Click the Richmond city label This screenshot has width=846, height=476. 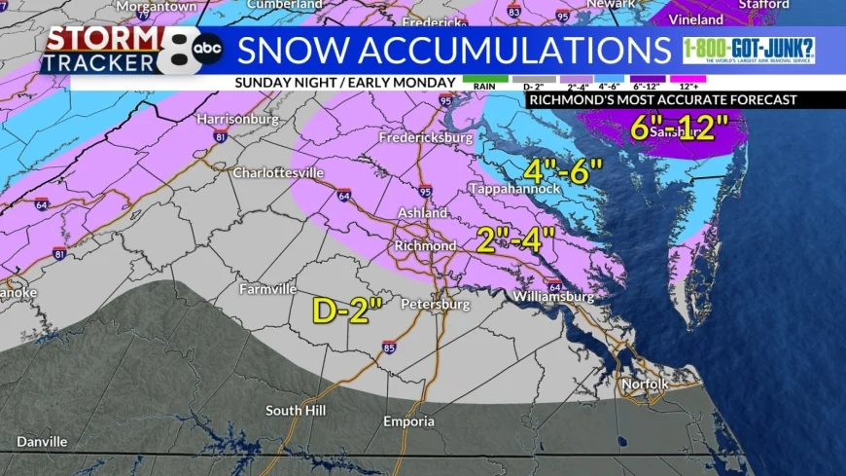tap(425, 245)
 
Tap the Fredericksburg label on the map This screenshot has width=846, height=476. tap(425, 138)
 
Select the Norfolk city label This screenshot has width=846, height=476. tap(646, 384)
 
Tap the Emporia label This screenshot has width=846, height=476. tap(407, 422)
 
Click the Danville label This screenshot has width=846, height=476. tap(43, 441)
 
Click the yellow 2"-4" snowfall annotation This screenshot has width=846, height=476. tap(515, 238)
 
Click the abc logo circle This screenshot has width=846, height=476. tap(206, 48)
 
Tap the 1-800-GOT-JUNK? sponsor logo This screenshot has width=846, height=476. tap(749, 51)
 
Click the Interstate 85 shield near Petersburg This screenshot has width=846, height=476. tap(389, 347)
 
